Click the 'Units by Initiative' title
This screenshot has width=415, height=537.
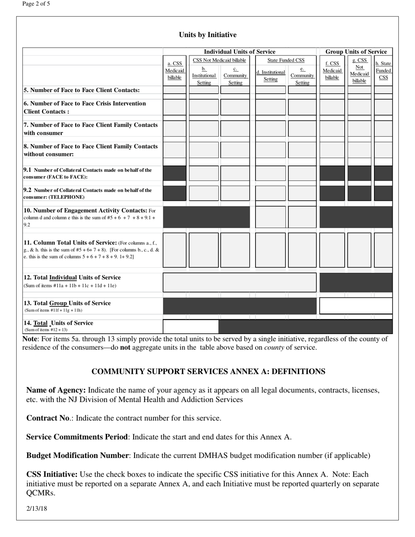[207, 35]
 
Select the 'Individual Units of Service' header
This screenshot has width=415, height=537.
[240, 52]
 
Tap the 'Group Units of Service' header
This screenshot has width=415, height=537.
[356, 52]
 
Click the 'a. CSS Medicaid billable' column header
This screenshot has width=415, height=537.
[175, 70]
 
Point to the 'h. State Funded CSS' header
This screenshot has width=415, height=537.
[383, 70]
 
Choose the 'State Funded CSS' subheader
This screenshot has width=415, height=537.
[286, 60]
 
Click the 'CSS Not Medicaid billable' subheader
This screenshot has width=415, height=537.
[219, 60]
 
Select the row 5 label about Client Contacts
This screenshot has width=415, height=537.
[82, 90]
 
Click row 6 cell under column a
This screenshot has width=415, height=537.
[175, 107]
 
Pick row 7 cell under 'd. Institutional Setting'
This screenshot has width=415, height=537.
[270, 128]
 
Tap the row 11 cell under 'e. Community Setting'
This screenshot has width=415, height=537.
[302, 250]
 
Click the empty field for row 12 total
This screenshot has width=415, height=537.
[239, 282]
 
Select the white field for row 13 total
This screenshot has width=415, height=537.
[356, 306]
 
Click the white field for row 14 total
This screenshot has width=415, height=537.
[190, 326]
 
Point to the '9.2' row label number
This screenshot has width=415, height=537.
[28, 190]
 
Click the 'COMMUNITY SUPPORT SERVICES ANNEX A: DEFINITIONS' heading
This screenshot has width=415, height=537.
[208, 372]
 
